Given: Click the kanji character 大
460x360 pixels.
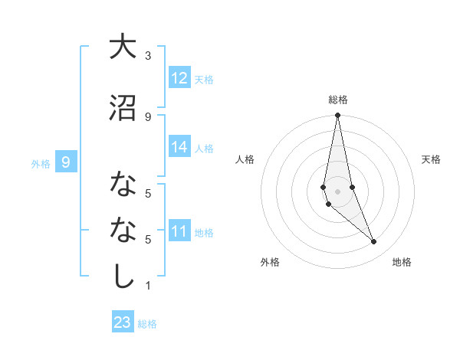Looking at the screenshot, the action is coord(122,47).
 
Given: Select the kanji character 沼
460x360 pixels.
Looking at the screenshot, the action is coord(122,107).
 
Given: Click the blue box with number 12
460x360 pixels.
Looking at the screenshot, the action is coord(179,78).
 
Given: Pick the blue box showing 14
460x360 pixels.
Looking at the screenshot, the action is coord(179,147).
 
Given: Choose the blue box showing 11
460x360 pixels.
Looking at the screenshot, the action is coord(179,231).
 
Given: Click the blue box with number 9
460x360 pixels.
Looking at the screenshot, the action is coord(67,162).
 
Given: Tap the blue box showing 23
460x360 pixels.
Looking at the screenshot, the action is coord(122,322).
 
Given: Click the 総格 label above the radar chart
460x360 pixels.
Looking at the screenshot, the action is coord(338,100).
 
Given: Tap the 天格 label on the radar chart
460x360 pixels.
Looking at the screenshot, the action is coord(432,159).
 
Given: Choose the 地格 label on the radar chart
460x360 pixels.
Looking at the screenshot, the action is coord(402,262).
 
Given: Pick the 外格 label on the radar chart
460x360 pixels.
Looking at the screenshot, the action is coord(270,262).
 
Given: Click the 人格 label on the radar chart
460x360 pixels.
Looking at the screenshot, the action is coord(245,159).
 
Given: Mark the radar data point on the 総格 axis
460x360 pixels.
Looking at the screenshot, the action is coord(338,116).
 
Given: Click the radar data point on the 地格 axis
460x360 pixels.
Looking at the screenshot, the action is coord(374,242).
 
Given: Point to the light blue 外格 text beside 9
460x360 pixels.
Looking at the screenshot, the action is coord(40,163).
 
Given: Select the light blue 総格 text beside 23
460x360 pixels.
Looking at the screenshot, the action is coord(147,324).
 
